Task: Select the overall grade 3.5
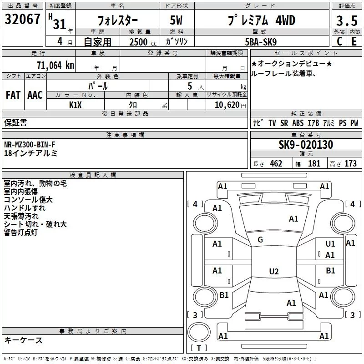click(x=346, y=21)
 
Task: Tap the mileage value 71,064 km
click(x=55, y=65)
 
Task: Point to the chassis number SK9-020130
click(x=306, y=145)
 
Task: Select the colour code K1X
click(x=76, y=105)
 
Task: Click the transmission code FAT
click(x=13, y=95)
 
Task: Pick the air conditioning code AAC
click(x=35, y=95)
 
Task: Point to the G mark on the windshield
click(x=260, y=239)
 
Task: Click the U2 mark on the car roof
click(x=273, y=272)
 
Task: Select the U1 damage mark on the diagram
click(x=330, y=244)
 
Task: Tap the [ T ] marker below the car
click(x=198, y=348)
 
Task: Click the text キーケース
click(x=24, y=340)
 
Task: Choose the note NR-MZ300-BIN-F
click(x=30, y=145)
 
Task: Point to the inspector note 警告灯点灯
click(x=21, y=233)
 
